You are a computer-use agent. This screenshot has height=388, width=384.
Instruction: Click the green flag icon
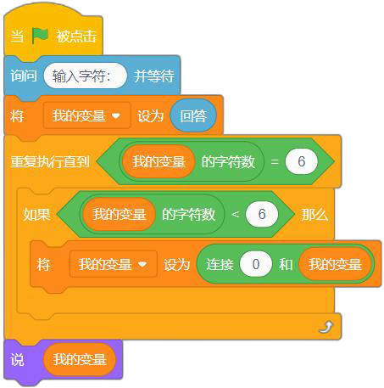pos(40,36)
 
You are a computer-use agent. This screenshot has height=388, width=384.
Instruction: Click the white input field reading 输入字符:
pos(85,76)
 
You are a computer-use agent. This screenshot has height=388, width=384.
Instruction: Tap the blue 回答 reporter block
pos(193,115)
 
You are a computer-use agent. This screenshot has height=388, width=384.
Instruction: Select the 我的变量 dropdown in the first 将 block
pos(86,115)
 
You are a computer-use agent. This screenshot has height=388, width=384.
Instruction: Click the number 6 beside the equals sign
pos(302,161)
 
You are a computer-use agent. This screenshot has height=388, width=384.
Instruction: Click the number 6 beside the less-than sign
pos(262,214)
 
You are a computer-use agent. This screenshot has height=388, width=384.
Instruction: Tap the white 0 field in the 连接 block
pos(256,264)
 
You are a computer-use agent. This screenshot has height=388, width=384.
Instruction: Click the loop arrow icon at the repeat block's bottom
pos(326,327)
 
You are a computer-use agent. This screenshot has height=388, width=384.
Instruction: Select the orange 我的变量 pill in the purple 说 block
pos(80,359)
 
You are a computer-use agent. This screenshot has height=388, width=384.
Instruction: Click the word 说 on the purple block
pos(17,360)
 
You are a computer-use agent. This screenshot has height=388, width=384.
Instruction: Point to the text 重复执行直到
pos(50,161)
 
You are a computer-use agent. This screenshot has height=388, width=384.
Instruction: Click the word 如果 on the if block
pos(36,214)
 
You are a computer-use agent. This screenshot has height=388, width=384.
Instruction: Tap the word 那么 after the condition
pos(314,214)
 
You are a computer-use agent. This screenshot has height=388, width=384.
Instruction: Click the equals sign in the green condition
pos(275,161)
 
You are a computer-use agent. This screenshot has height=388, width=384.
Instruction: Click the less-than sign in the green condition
pos(235,214)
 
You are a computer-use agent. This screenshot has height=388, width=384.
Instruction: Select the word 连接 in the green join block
pos(220,265)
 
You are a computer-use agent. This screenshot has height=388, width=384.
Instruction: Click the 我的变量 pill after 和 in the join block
pos(335,264)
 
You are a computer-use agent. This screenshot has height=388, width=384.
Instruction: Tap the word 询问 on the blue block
pos(24,76)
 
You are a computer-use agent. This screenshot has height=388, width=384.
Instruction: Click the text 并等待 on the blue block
pos(153,76)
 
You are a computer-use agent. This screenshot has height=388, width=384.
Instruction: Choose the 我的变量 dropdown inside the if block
pos(114,264)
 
